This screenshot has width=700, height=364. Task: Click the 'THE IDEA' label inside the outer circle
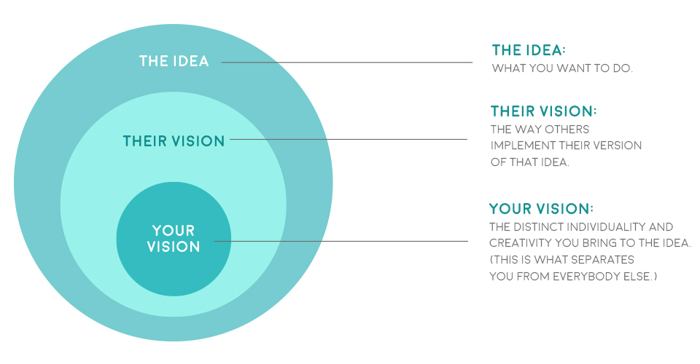(174, 61)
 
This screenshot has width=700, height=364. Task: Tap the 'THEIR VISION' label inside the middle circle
(174, 141)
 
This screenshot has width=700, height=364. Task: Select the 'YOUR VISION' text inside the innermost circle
(174, 238)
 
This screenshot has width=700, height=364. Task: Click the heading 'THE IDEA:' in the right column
(529, 50)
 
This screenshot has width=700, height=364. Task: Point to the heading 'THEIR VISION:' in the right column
(543, 111)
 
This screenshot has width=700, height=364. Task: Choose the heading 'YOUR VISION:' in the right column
(541, 208)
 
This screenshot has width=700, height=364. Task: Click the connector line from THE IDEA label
(347, 63)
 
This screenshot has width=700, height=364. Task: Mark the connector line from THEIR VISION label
(349, 140)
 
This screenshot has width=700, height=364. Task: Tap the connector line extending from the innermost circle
(341, 242)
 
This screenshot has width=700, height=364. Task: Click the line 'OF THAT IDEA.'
(530, 162)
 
